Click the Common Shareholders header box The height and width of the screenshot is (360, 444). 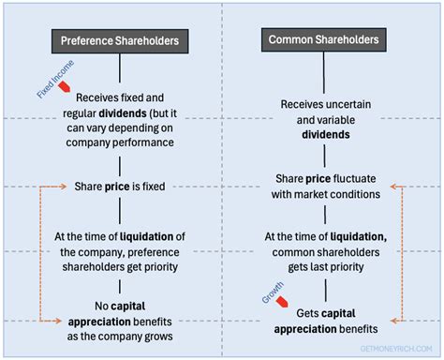click(x=324, y=41)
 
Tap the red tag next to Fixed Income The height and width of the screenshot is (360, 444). click(x=65, y=86)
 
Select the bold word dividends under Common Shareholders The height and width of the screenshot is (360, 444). click(x=325, y=134)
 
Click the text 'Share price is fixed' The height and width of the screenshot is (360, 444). click(x=120, y=187)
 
